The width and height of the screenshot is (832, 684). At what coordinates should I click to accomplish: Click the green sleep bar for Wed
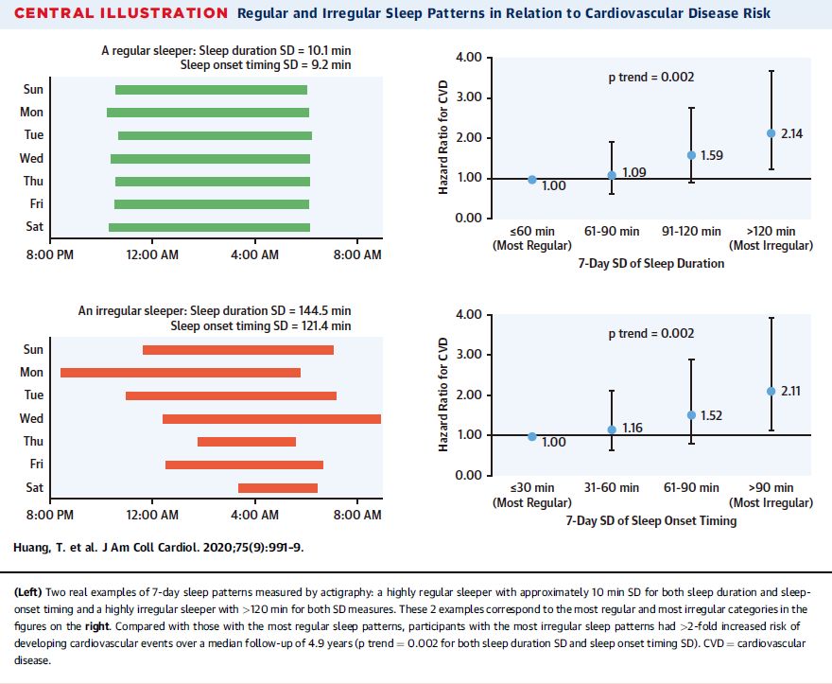coord(210,158)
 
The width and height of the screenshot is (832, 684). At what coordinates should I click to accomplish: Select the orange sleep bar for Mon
coord(181,373)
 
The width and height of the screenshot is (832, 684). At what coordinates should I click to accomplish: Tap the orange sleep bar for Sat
coord(278,487)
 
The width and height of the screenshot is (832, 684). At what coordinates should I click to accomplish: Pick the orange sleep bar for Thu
coord(247,441)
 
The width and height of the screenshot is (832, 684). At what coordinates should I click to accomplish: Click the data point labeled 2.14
coord(771,133)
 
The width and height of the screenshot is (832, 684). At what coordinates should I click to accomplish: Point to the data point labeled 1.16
coord(612,430)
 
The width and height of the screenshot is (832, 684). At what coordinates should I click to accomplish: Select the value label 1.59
coord(711,155)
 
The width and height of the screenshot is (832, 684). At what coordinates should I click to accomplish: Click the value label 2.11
coord(791,391)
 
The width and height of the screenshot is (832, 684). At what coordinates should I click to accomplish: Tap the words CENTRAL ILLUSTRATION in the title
coord(122,13)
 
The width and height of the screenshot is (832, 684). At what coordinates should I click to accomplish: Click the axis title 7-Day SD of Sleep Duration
coord(651,263)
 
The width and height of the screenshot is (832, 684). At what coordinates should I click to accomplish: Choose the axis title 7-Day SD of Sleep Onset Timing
coord(651,520)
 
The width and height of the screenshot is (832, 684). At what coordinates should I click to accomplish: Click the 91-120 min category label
coord(691,231)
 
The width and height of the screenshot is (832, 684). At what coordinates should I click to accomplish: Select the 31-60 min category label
coord(611,487)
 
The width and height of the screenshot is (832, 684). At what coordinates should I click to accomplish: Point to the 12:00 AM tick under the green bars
coord(152,254)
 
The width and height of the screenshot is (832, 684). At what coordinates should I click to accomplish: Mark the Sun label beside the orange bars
coord(33,350)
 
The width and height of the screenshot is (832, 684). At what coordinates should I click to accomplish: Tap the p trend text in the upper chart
coord(650,77)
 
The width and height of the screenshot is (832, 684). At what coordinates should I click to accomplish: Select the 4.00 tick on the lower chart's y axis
coord(469,314)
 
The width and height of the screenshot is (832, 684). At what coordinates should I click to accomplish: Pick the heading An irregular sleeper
coord(215,311)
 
